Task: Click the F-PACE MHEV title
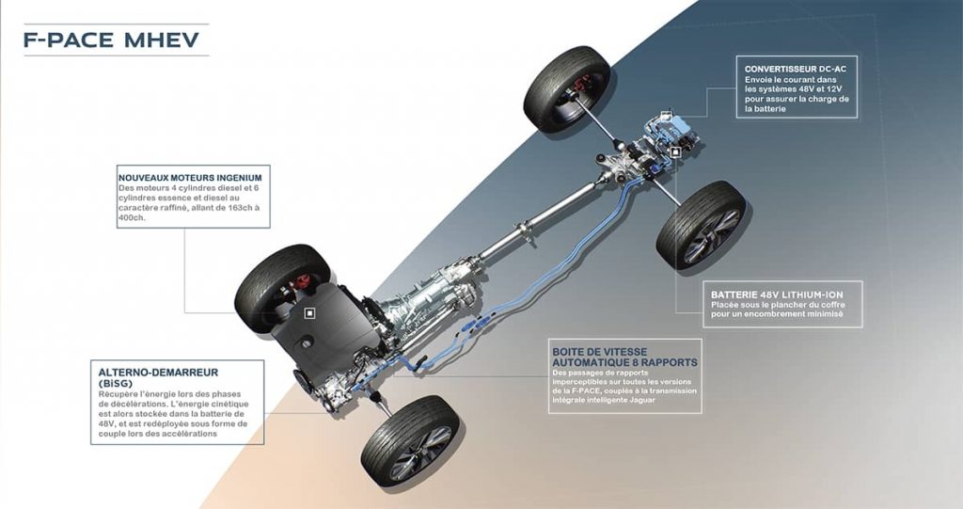[x=111, y=40]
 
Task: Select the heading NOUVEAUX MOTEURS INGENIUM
[x=189, y=177]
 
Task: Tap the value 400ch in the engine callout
[x=133, y=216]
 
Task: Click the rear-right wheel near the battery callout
[x=703, y=225]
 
